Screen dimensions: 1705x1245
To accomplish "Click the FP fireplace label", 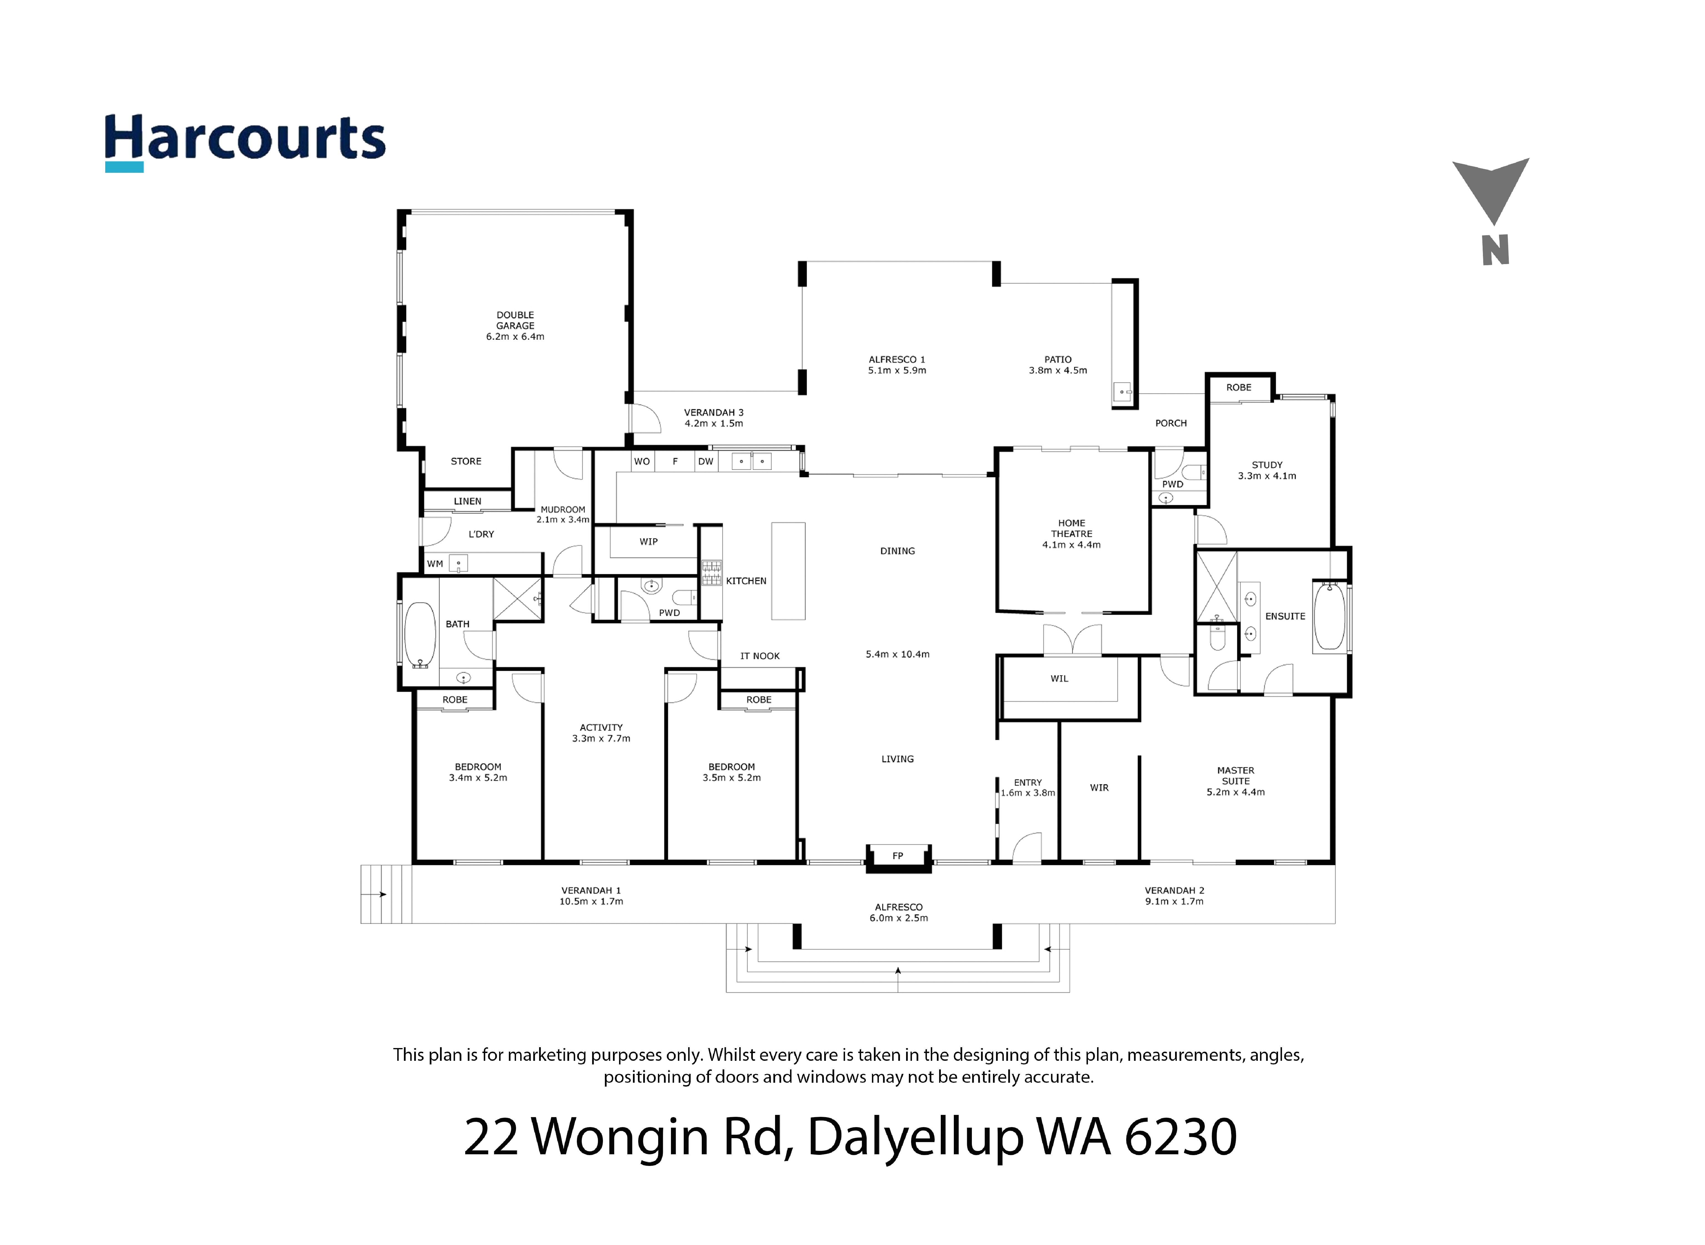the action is click(x=897, y=855).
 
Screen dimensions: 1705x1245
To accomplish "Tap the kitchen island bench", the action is click(x=788, y=571).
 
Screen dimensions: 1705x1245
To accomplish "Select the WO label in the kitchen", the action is click(x=642, y=461).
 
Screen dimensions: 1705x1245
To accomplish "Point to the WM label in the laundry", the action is click(x=435, y=564).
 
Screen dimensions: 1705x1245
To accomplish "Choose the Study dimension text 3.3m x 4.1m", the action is click(x=1267, y=475).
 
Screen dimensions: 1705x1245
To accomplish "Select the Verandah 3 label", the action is click(x=713, y=412).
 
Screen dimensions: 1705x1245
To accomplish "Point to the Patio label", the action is click(x=1058, y=360).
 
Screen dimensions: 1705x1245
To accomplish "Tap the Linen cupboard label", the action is click(x=467, y=501).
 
